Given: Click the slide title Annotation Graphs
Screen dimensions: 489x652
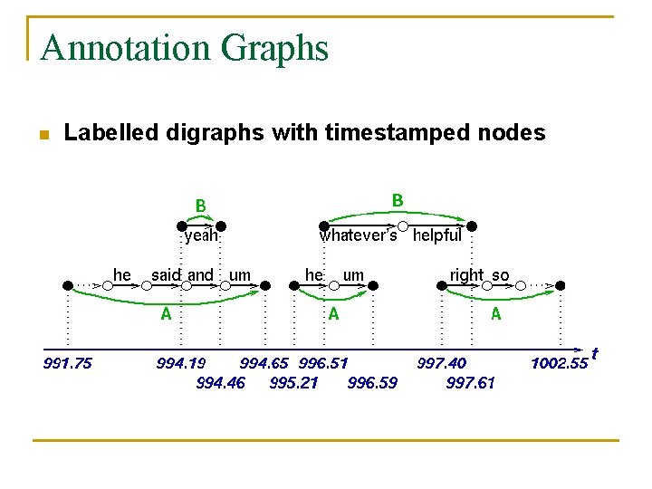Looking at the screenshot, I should coord(185,47).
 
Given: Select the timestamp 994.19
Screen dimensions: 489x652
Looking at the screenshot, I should coord(181,364).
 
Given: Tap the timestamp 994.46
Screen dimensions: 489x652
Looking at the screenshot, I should coord(220,382).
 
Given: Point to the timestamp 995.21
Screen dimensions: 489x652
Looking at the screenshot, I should coord(294,382).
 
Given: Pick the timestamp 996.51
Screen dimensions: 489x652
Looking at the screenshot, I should coord(323,364).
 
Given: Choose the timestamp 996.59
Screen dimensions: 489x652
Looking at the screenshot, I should coord(372,382).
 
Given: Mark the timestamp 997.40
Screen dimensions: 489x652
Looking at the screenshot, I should coord(442,364).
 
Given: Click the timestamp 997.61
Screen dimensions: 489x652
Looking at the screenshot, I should coord(470,382).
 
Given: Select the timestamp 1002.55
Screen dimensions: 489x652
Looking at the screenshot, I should coord(559,364).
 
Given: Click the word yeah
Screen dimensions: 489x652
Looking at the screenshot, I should coord(201,236).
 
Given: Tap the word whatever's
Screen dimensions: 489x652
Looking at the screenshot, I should coord(358,236).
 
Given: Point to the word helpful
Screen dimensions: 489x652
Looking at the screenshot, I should coord(436,236).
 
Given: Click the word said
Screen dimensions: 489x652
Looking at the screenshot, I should coord(166,274).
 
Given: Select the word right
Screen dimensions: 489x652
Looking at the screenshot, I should coord(466,274).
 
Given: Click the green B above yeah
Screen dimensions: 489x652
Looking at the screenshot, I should coord(201,206).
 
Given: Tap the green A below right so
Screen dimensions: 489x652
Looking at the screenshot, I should coord(495,314).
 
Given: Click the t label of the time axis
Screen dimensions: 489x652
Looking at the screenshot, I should coord(594,352).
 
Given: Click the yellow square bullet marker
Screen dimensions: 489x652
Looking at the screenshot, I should coord(43,135).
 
